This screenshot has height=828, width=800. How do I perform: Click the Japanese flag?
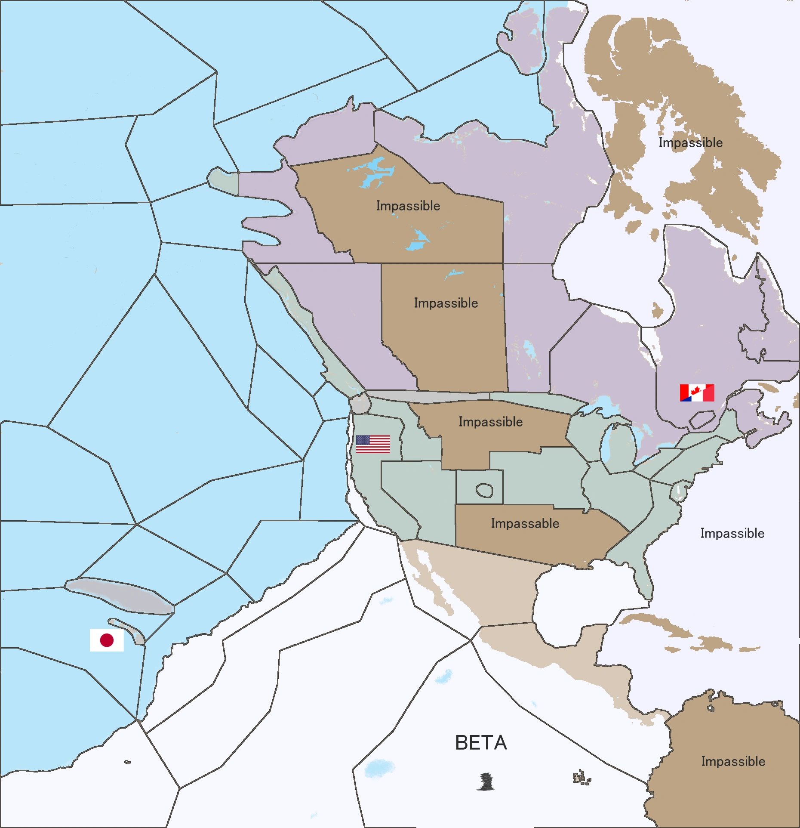107,640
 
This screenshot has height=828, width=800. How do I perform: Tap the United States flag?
373,444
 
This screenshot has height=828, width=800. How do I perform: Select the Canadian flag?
697,393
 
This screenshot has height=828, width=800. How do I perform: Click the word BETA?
481,743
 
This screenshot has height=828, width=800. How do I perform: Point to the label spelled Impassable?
525,523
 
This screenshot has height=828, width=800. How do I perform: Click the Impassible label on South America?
733,761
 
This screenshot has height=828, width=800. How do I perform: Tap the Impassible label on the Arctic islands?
690,142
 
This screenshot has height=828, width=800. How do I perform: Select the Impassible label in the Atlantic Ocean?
732,533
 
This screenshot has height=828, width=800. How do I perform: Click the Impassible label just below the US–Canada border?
490,422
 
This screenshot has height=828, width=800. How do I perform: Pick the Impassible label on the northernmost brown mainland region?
408,206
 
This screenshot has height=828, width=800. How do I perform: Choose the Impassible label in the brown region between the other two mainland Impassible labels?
446,303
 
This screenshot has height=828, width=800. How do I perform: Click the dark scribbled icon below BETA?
486,782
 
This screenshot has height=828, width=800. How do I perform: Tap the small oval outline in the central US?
484,490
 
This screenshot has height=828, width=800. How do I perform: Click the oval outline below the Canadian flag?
702,419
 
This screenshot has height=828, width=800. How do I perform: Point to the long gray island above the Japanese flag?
120,595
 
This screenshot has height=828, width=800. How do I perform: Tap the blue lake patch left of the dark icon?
379,768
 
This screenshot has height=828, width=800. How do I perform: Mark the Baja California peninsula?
432,581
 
